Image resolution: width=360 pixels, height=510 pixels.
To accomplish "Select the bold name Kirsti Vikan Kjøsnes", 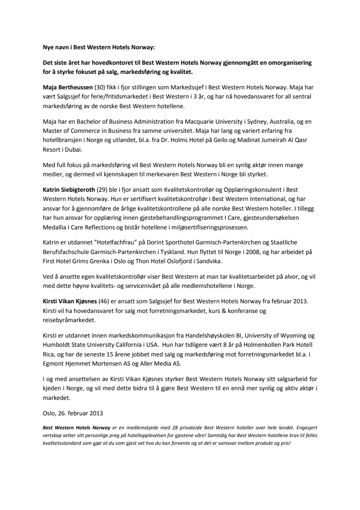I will pyautogui.click(x=69, y=301).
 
